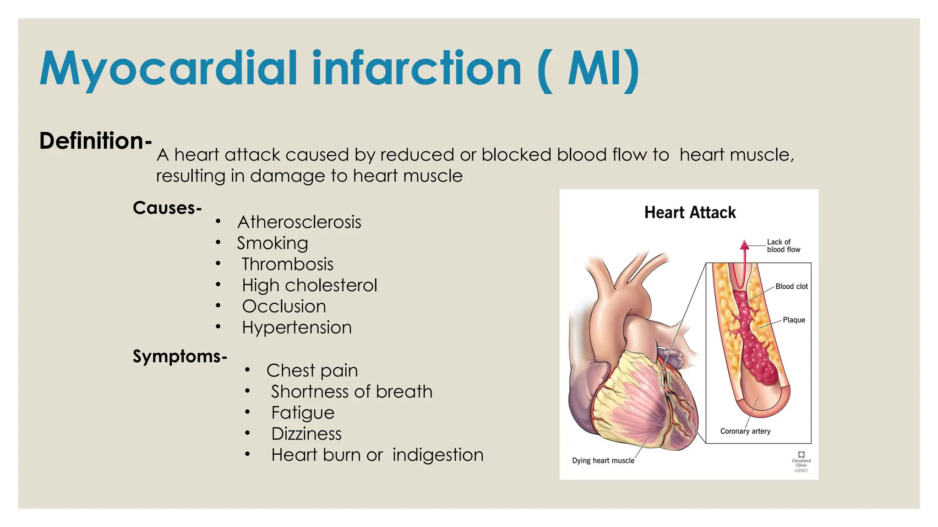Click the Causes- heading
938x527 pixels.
(x=167, y=208)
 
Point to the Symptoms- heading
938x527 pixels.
(x=180, y=356)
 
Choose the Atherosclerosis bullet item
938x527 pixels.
(x=299, y=222)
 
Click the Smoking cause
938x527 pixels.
(x=273, y=243)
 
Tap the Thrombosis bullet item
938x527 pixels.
(x=288, y=264)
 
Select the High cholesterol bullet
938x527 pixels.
(x=310, y=285)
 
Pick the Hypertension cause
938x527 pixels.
(x=297, y=328)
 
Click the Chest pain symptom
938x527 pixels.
(x=312, y=371)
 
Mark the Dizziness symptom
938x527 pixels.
(x=306, y=434)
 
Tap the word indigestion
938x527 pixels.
(x=438, y=455)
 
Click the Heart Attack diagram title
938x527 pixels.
(x=690, y=213)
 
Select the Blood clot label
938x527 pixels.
(x=791, y=286)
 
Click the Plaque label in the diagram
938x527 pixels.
(x=794, y=320)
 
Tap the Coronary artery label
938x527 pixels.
(x=745, y=431)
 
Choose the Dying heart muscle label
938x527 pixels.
(x=603, y=460)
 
